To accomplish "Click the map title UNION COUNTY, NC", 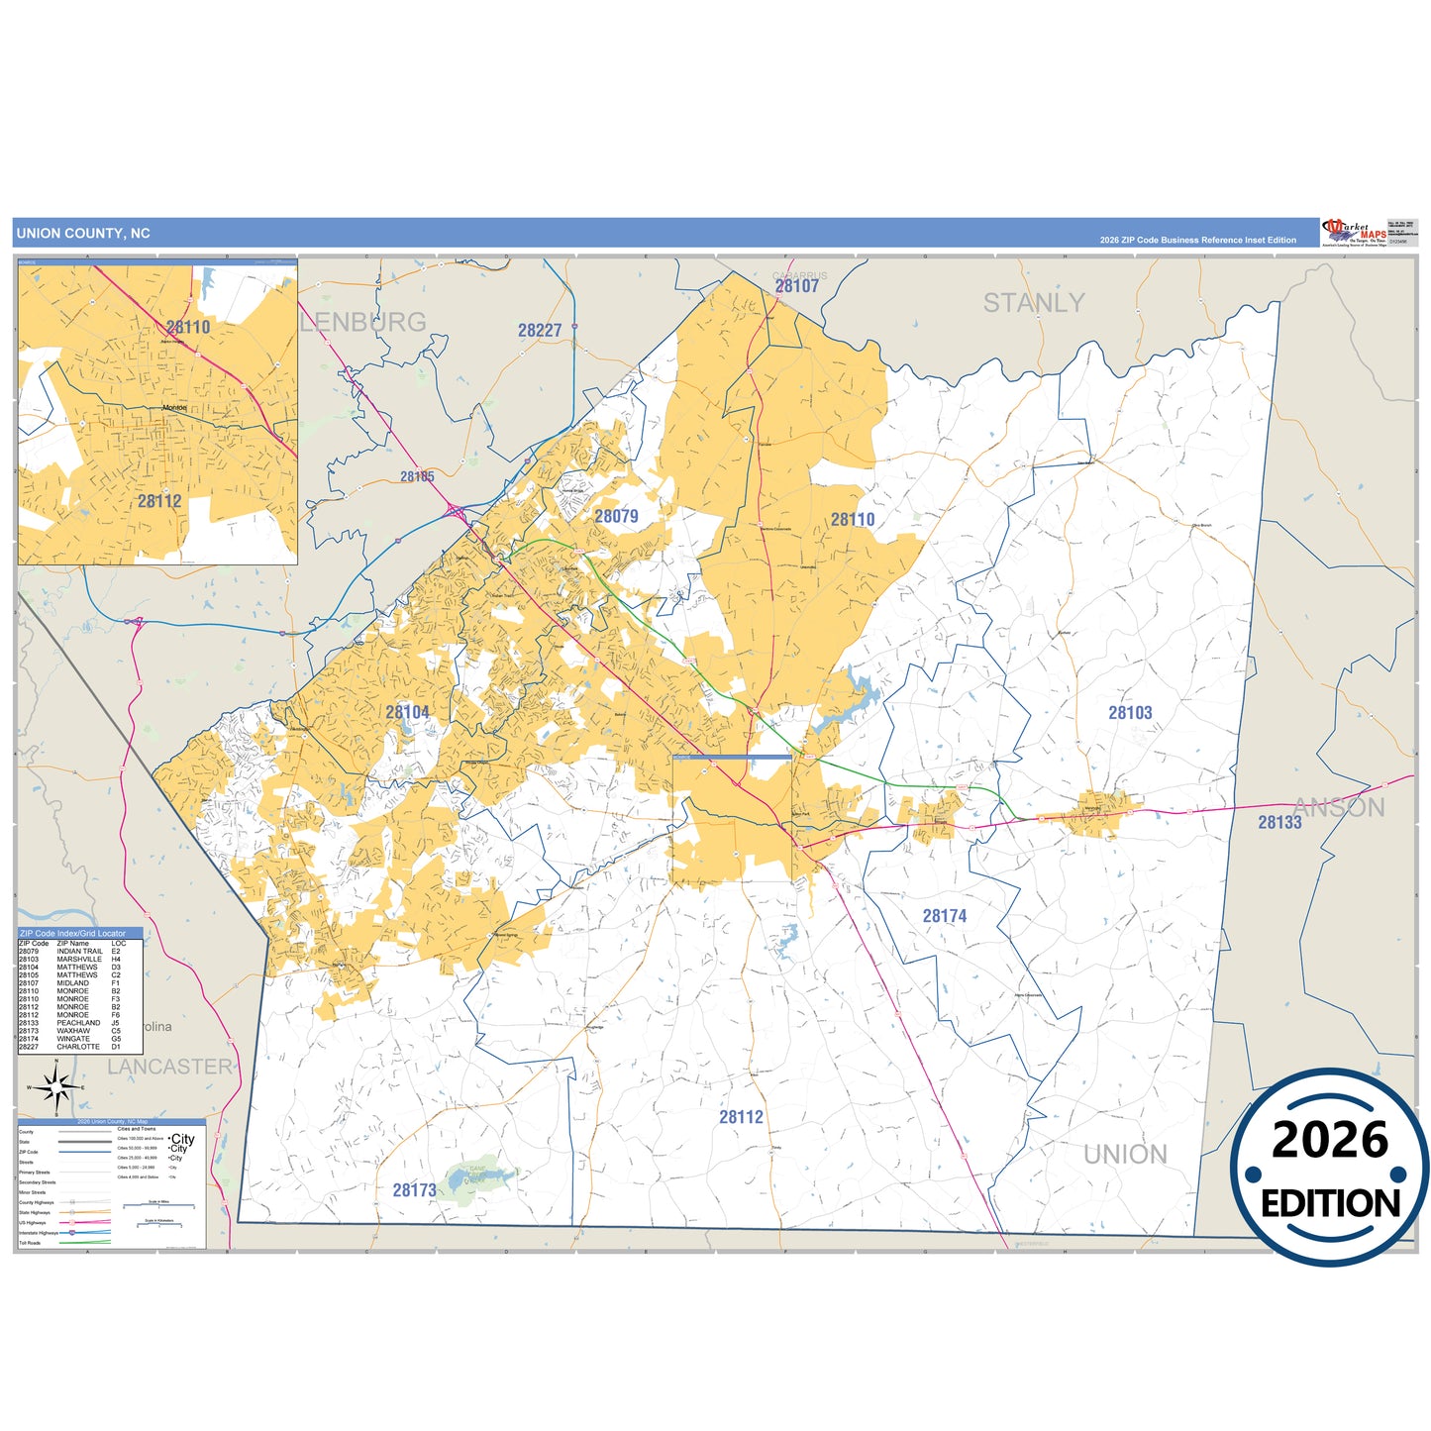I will (x=83, y=234).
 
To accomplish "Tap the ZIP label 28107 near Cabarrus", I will (x=796, y=286).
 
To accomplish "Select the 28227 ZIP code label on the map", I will (x=540, y=331).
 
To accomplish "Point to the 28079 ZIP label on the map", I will (x=616, y=516).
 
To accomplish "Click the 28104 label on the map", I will (x=407, y=712).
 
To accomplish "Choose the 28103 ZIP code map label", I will (x=1130, y=713).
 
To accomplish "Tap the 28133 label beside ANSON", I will (x=1279, y=822).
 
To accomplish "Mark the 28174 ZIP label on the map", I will (x=944, y=916).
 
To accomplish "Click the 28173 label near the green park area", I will (x=414, y=1190).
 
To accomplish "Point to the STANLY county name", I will (x=1033, y=303).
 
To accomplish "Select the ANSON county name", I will (x=1339, y=808).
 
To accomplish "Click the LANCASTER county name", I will (x=169, y=1067).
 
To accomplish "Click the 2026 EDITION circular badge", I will (x=1329, y=1168).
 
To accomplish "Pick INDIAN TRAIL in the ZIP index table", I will (x=79, y=952).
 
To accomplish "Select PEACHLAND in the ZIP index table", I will (x=78, y=1023).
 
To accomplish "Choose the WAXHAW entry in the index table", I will (x=73, y=1031).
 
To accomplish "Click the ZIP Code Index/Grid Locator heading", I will (x=72, y=933).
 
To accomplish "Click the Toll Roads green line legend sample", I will (x=84, y=1242).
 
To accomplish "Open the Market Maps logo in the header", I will (x=1354, y=233).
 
